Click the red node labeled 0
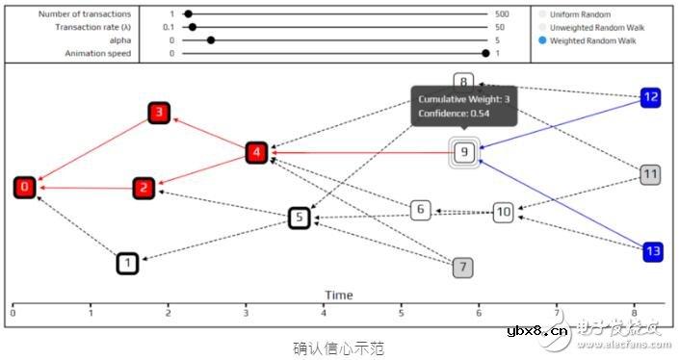pos(25,187)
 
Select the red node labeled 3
pos(159,114)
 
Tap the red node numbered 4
pos(255,152)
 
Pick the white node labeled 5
pos(300,218)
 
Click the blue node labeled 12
pos(651,97)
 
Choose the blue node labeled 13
pos(651,251)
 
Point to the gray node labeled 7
pos(463,268)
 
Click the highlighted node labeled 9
pos(464,152)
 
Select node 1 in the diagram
pos(127,262)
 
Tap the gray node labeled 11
pos(651,174)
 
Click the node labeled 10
pos(504,212)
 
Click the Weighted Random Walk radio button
pos(542,41)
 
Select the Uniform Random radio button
pos(542,14)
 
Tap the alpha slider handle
pos(211,40)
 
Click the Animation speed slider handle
pos(484,54)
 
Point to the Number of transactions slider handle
pos(188,14)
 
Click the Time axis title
pos(338,296)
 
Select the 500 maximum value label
pos(501,14)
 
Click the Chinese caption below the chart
pos(339,347)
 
